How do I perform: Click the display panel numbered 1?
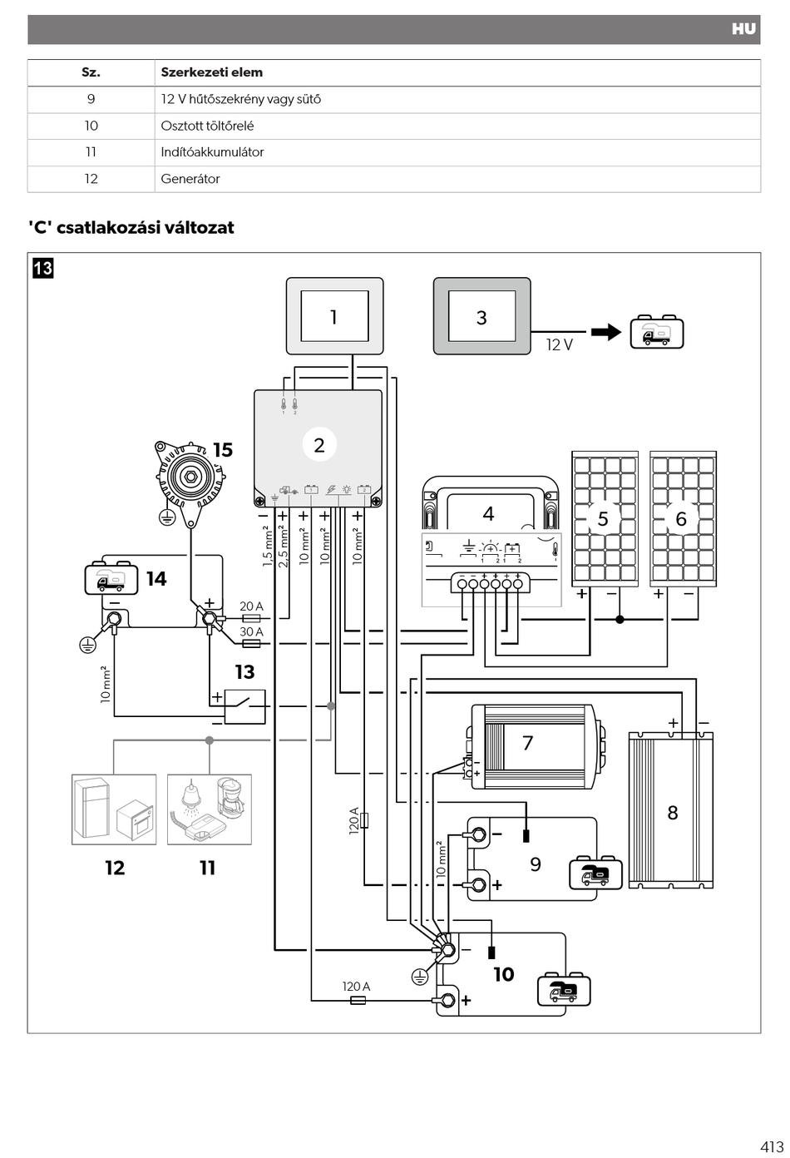coord(335,316)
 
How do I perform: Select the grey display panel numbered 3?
coord(481,316)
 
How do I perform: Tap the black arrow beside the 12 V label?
coord(606,332)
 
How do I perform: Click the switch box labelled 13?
coord(244,706)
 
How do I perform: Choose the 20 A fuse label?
coord(252,606)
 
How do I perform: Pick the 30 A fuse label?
coord(252,631)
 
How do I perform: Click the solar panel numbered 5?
coord(605,518)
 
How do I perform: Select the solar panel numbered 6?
coord(683,518)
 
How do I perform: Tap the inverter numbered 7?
coord(535,746)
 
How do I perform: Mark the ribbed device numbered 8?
coord(670,810)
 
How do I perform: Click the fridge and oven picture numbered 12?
coord(114,809)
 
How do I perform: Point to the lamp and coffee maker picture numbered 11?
coord(210,809)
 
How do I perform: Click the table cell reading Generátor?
coord(190,179)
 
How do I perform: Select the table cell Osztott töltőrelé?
coord(207,126)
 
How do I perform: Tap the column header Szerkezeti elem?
coord(212,72)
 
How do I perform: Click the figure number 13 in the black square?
coord(43,269)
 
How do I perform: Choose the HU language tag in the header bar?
coord(743,29)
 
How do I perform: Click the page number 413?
coord(772,1146)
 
